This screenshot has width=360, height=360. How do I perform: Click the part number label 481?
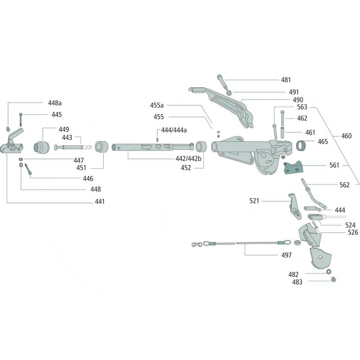coord(286,80)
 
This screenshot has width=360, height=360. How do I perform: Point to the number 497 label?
coord(286,255)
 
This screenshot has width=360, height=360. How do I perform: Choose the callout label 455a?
coord(157,105)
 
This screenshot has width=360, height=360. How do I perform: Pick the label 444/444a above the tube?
coord(174,130)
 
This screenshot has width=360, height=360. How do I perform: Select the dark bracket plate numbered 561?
coord(293,167)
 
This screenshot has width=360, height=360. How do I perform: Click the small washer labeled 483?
coord(333,280)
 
